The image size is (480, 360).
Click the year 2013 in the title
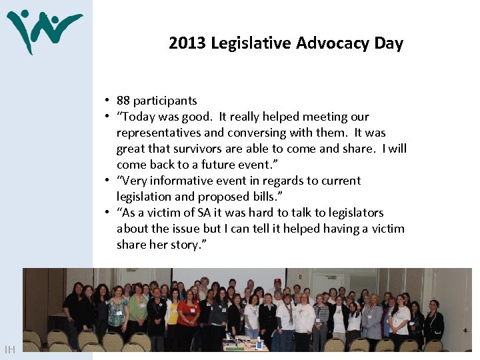pos(187,44)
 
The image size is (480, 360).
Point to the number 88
pos(123,101)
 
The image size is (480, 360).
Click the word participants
pos(165,101)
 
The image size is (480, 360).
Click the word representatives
pos(159,133)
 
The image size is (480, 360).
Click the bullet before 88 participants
pos(106,101)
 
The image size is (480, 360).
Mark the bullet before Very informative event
pos(106,181)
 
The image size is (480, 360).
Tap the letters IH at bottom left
pos(10,349)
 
